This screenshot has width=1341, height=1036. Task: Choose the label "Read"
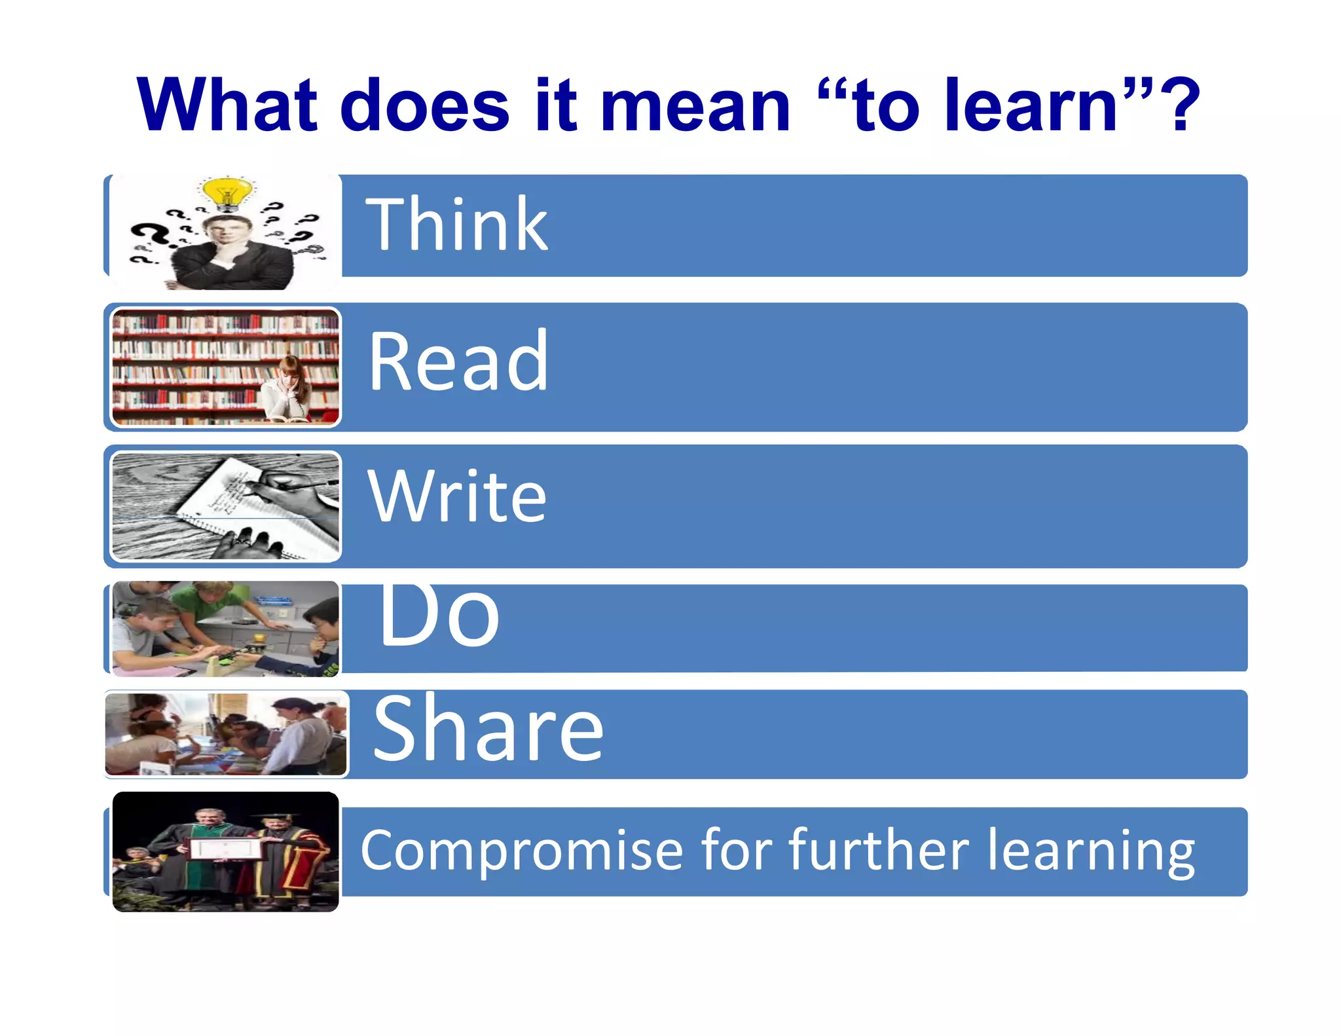pos(458,361)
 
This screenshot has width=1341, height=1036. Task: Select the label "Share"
pos(488,729)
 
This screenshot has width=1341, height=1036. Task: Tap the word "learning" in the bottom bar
pos(1091,851)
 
